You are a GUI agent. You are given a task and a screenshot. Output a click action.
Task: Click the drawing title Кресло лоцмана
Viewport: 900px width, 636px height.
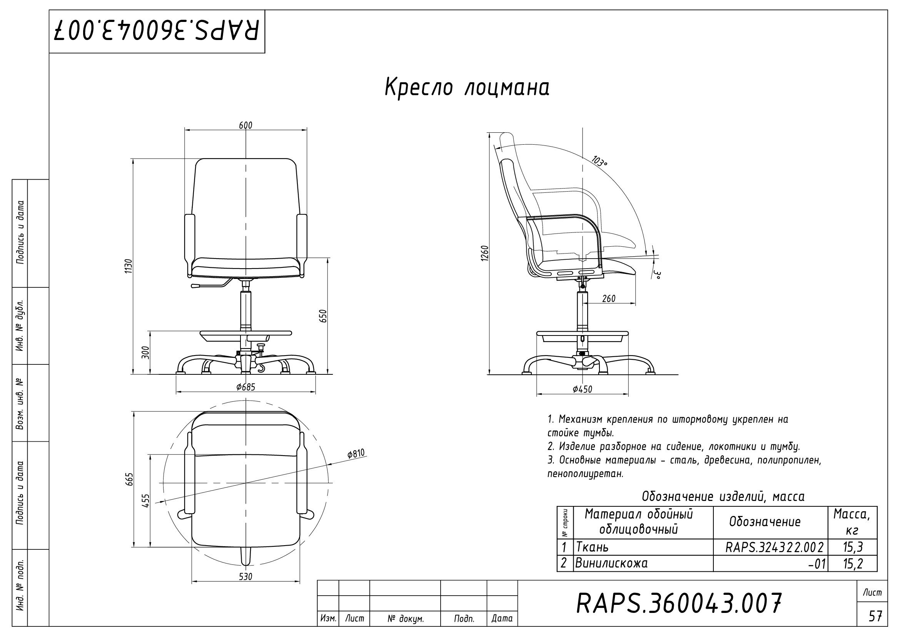pyautogui.click(x=466, y=87)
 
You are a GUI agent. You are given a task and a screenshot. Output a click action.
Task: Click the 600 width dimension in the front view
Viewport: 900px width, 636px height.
pyautogui.click(x=246, y=125)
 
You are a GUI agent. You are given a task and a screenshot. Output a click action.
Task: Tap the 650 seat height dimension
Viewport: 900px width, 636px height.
pyautogui.click(x=323, y=316)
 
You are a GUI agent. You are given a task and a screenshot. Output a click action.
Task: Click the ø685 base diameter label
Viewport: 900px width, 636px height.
pyautogui.click(x=246, y=387)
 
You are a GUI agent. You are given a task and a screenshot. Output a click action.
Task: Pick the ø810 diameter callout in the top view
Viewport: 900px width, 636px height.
pyautogui.click(x=356, y=454)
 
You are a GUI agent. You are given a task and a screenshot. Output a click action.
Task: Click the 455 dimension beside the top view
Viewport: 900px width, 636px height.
pyautogui.click(x=145, y=501)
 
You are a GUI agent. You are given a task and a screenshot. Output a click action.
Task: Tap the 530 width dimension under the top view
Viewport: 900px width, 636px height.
pyautogui.click(x=246, y=576)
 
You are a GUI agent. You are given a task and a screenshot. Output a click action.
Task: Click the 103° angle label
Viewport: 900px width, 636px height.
pyautogui.click(x=599, y=161)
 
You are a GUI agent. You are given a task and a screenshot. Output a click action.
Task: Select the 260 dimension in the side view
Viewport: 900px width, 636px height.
pyautogui.click(x=608, y=299)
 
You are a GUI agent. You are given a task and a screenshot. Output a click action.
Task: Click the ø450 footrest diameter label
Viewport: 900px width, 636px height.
pyautogui.click(x=582, y=389)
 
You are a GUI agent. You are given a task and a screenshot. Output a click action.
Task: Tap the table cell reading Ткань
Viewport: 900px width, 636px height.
pyautogui.click(x=592, y=547)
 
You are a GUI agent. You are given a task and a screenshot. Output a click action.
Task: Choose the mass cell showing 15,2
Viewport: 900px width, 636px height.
pyautogui.click(x=853, y=563)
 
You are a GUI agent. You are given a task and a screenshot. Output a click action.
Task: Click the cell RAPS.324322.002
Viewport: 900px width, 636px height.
pyautogui.click(x=774, y=547)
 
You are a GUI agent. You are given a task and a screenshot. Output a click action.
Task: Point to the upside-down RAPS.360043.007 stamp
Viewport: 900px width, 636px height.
pyautogui.click(x=157, y=31)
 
